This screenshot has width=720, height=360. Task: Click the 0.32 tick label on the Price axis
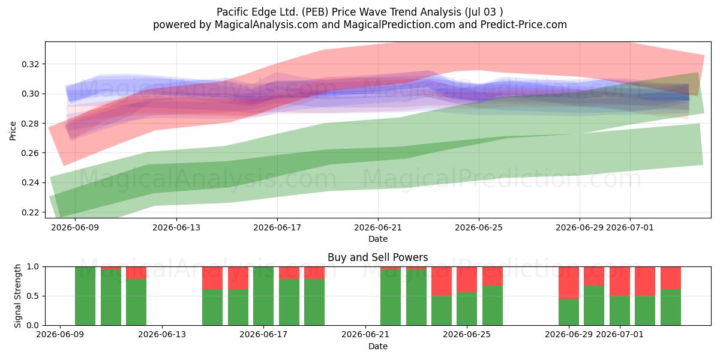(30, 64)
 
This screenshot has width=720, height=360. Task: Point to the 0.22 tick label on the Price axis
(30, 212)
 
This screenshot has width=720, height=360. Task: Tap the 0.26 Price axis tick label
(30, 153)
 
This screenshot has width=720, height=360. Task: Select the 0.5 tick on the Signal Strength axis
(33, 296)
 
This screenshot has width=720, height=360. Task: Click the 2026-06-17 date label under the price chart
(277, 227)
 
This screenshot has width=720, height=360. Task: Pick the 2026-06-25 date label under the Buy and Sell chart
(467, 334)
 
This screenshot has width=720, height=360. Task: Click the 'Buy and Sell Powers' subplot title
(377, 257)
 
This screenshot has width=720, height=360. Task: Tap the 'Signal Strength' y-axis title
(17, 296)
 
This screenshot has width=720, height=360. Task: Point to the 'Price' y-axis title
(13, 131)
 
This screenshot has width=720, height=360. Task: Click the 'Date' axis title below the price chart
(377, 239)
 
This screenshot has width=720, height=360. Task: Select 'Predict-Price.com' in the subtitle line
(524, 25)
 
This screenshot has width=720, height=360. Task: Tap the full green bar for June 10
(85, 296)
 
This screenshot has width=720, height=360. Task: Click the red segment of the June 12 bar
(136, 273)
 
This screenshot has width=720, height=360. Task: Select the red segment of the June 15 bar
(212, 278)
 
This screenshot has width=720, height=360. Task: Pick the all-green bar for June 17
(263, 296)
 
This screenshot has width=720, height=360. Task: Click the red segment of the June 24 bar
(442, 281)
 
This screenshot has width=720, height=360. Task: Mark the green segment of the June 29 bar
(569, 312)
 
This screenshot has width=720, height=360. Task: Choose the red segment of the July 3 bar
(671, 278)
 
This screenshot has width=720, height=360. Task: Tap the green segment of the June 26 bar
(493, 305)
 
